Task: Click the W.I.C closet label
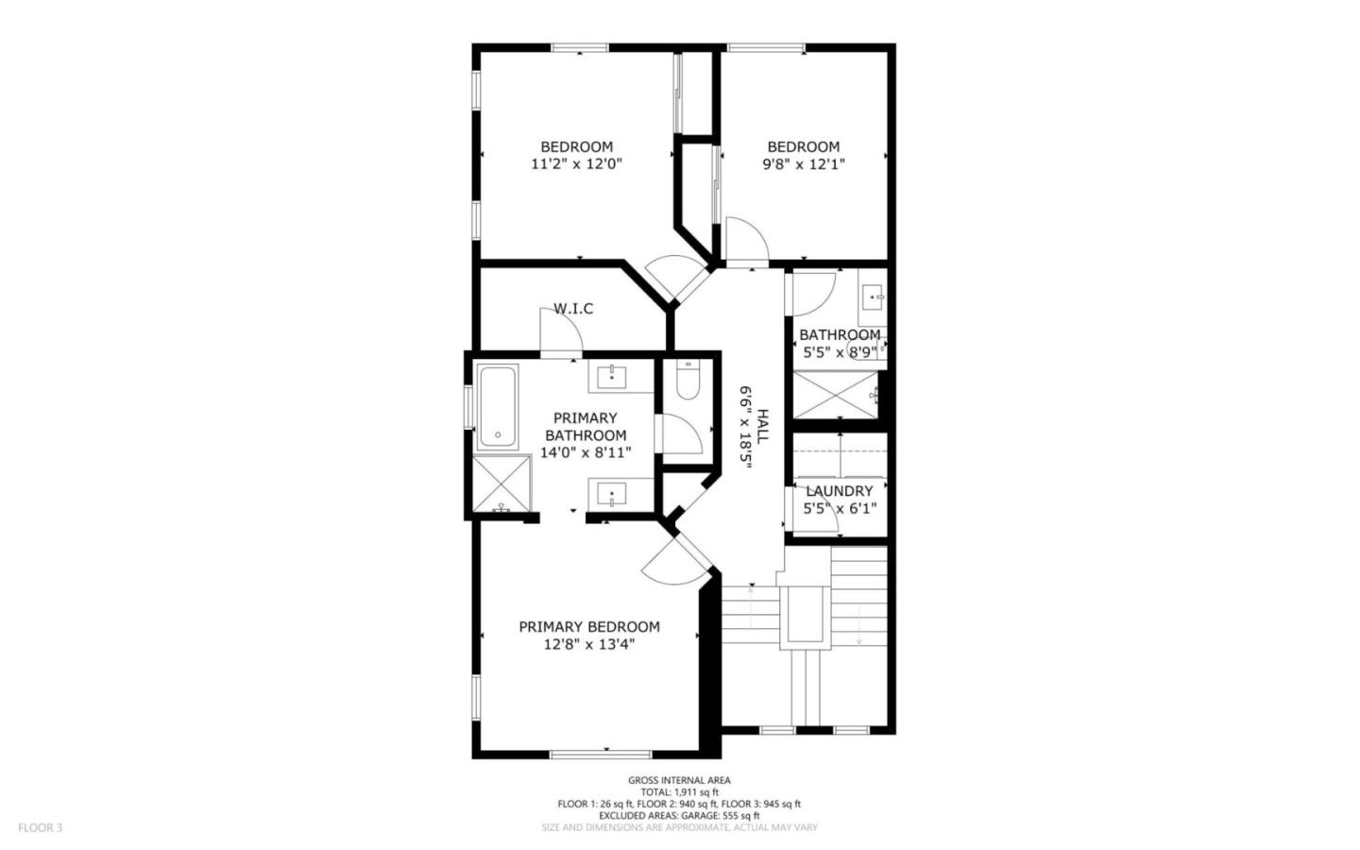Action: coord(573,308)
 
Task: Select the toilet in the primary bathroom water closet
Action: coord(687,382)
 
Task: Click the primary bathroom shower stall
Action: coord(501,484)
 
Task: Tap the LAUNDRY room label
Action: coord(839,491)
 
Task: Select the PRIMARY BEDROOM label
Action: coord(588,627)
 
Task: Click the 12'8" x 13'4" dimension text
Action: coord(588,644)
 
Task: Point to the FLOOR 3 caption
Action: coord(40,828)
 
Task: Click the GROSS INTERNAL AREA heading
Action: coord(679,780)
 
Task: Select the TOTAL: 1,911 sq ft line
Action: coord(679,792)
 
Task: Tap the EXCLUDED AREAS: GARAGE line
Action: coord(679,815)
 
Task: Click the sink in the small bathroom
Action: coord(872,297)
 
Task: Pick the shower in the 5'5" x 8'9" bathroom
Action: coord(836,395)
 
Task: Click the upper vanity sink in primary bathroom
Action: coord(612,376)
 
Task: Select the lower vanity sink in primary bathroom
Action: coord(612,494)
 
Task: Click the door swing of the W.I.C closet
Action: coord(561,331)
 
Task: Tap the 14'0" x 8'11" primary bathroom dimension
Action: coord(586,452)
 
